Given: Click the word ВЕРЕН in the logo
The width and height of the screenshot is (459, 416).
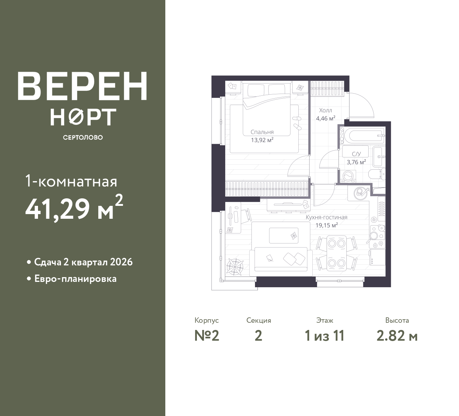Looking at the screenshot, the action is pyautogui.click(x=82, y=86).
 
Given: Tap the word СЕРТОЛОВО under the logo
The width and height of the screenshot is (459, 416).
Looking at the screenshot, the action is pyautogui.click(x=83, y=137).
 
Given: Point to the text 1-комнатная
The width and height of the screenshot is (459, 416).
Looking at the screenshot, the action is pyautogui.click(x=71, y=181).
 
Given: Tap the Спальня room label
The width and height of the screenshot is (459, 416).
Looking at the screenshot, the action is pyautogui.click(x=262, y=132).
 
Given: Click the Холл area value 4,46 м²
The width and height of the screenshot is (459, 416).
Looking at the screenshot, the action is pyautogui.click(x=326, y=118).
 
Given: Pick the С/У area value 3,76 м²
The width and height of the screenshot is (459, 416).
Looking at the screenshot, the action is pyautogui.click(x=356, y=162).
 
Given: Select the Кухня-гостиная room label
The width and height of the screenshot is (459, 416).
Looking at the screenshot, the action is pyautogui.click(x=327, y=217).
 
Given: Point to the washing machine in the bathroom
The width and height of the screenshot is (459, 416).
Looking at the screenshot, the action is pyautogui.click(x=348, y=176).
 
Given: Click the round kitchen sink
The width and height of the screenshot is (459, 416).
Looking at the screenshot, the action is pyautogui.click(x=361, y=193).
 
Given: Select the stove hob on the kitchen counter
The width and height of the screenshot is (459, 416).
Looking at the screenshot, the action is pyautogui.click(x=377, y=237).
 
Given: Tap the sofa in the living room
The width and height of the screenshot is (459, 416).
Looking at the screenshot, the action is pyautogui.click(x=281, y=262).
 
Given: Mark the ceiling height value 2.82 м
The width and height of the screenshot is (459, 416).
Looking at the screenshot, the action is pyautogui.click(x=397, y=336).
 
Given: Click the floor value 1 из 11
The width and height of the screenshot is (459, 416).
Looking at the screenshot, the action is pyautogui.click(x=325, y=336).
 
